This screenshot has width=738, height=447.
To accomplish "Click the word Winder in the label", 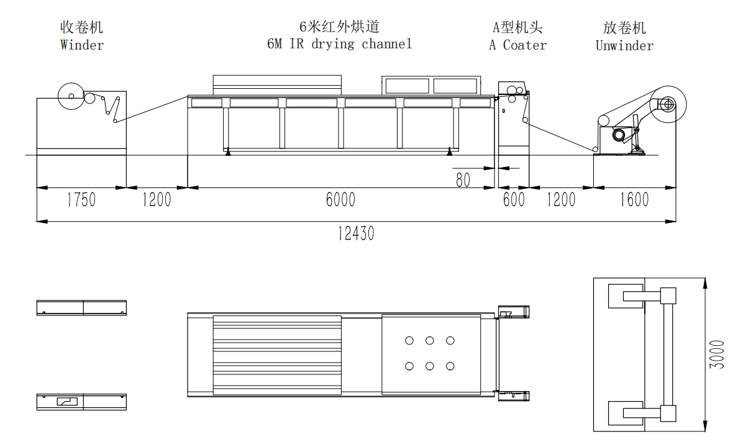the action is pyautogui.click(x=82, y=45).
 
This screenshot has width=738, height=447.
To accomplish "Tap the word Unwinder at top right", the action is pyautogui.click(x=624, y=46).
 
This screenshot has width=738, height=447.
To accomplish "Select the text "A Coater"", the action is pyautogui.click(x=517, y=45).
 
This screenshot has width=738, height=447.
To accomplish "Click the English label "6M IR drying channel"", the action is pyautogui.click(x=339, y=44).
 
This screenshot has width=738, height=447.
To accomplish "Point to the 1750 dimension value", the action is pyautogui.click(x=81, y=199).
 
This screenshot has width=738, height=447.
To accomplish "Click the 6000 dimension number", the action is pyautogui.click(x=340, y=199).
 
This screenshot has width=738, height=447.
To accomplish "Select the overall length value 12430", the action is pyautogui.click(x=356, y=233).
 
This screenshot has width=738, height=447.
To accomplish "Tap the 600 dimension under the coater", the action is pyautogui.click(x=514, y=199).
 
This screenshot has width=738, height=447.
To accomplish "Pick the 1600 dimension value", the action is pyautogui.click(x=634, y=199).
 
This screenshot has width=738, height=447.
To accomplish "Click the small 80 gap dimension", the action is pyautogui.click(x=463, y=180).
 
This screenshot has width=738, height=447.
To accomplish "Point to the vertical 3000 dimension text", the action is pyautogui.click(x=716, y=354).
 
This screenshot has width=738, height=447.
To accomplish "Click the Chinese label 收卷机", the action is pyautogui.click(x=81, y=27).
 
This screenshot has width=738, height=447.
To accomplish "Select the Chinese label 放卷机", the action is pyautogui.click(x=624, y=28).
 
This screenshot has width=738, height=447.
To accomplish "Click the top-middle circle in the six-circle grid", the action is pyautogui.click(x=430, y=340).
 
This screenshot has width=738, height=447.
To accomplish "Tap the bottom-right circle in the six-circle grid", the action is pyautogui.click(x=450, y=366).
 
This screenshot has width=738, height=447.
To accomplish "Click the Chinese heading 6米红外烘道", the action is pyautogui.click(x=339, y=26).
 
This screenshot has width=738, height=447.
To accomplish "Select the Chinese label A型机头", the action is pyautogui.click(x=517, y=27).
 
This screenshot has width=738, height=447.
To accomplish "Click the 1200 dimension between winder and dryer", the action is pyautogui.click(x=157, y=199).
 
